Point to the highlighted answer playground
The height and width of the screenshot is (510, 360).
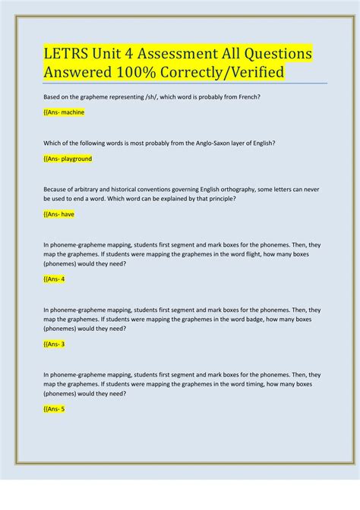pos(68,159)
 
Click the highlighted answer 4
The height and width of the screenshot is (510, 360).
pos(55,279)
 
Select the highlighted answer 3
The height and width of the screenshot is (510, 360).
pos(55,344)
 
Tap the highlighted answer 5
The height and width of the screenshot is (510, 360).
pos(55,408)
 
